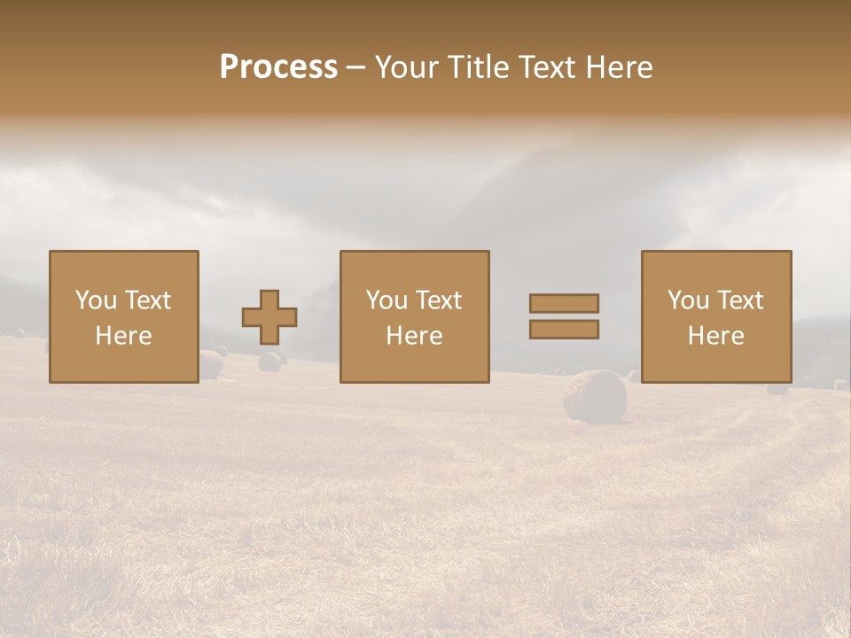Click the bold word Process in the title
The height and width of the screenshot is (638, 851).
click(x=278, y=67)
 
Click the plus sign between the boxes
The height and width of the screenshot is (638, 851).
click(x=269, y=317)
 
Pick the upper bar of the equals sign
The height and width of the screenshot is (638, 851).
click(x=564, y=303)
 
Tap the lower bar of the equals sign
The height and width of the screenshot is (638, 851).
click(x=564, y=329)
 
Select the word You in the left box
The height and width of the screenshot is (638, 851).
click(x=96, y=300)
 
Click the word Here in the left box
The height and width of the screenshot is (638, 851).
click(x=123, y=336)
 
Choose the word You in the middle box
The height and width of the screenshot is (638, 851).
click(x=386, y=300)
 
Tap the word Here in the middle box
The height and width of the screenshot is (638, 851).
click(x=414, y=336)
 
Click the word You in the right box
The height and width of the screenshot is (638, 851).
click(x=688, y=300)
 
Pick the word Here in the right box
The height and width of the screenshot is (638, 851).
click(x=715, y=336)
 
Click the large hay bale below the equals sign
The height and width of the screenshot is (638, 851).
click(x=595, y=395)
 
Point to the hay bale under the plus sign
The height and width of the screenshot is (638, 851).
click(x=269, y=362)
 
